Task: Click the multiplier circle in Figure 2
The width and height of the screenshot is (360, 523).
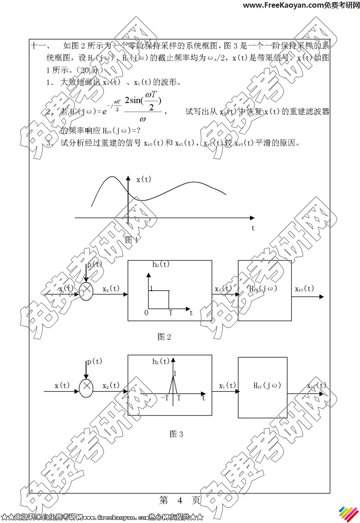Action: tap(86, 292)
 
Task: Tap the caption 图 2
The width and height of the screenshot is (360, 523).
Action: tap(164, 337)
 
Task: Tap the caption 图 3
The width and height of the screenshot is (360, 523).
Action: tap(176, 434)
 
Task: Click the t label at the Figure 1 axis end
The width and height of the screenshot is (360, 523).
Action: tap(253, 228)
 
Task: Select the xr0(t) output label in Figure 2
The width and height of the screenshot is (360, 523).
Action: tap(305, 289)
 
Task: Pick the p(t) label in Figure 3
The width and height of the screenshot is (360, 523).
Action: tap(94, 361)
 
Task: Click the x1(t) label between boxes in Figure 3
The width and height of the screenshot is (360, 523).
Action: tap(228, 385)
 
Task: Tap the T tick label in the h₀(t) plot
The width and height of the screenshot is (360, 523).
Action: tap(170, 312)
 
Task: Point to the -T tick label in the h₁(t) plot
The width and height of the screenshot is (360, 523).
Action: tap(164, 397)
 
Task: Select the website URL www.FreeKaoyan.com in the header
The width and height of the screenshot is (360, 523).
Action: tap(283, 5)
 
